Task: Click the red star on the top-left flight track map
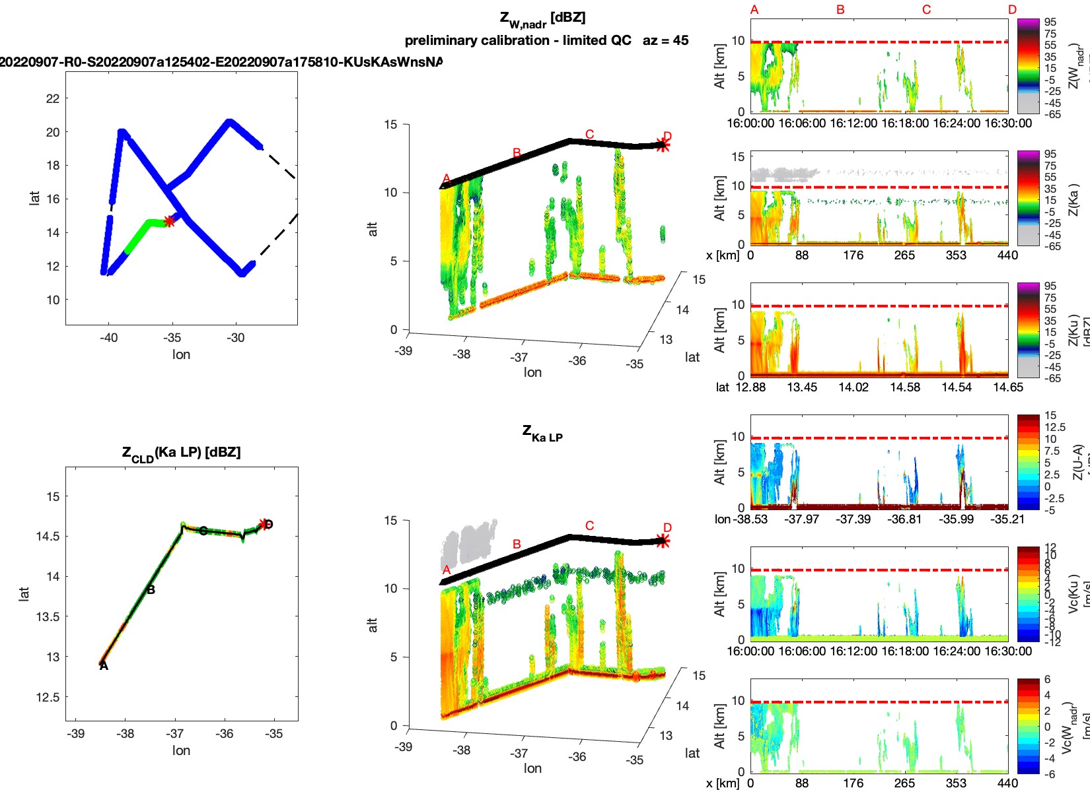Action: [x=170, y=221]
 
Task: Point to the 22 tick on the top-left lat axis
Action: [x=53, y=99]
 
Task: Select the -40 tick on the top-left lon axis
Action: [x=108, y=338]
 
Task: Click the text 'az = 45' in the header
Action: [x=665, y=40]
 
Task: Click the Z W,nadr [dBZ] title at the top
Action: [x=542, y=19]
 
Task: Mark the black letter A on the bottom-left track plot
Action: [x=104, y=666]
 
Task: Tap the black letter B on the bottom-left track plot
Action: [x=151, y=590]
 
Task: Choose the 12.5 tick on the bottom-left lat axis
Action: [x=48, y=698]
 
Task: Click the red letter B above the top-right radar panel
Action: [x=840, y=10]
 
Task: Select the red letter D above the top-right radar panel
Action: [x=1012, y=10]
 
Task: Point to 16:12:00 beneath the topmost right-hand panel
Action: [x=853, y=123]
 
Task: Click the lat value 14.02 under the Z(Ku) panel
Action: [x=854, y=387]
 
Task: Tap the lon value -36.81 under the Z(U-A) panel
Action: [x=905, y=519]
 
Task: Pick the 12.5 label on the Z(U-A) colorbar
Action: [x=1055, y=428]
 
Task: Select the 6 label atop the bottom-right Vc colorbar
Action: [x=1047, y=680]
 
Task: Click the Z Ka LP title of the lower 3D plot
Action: [x=542, y=434]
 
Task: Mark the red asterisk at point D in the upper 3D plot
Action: [x=663, y=146]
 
